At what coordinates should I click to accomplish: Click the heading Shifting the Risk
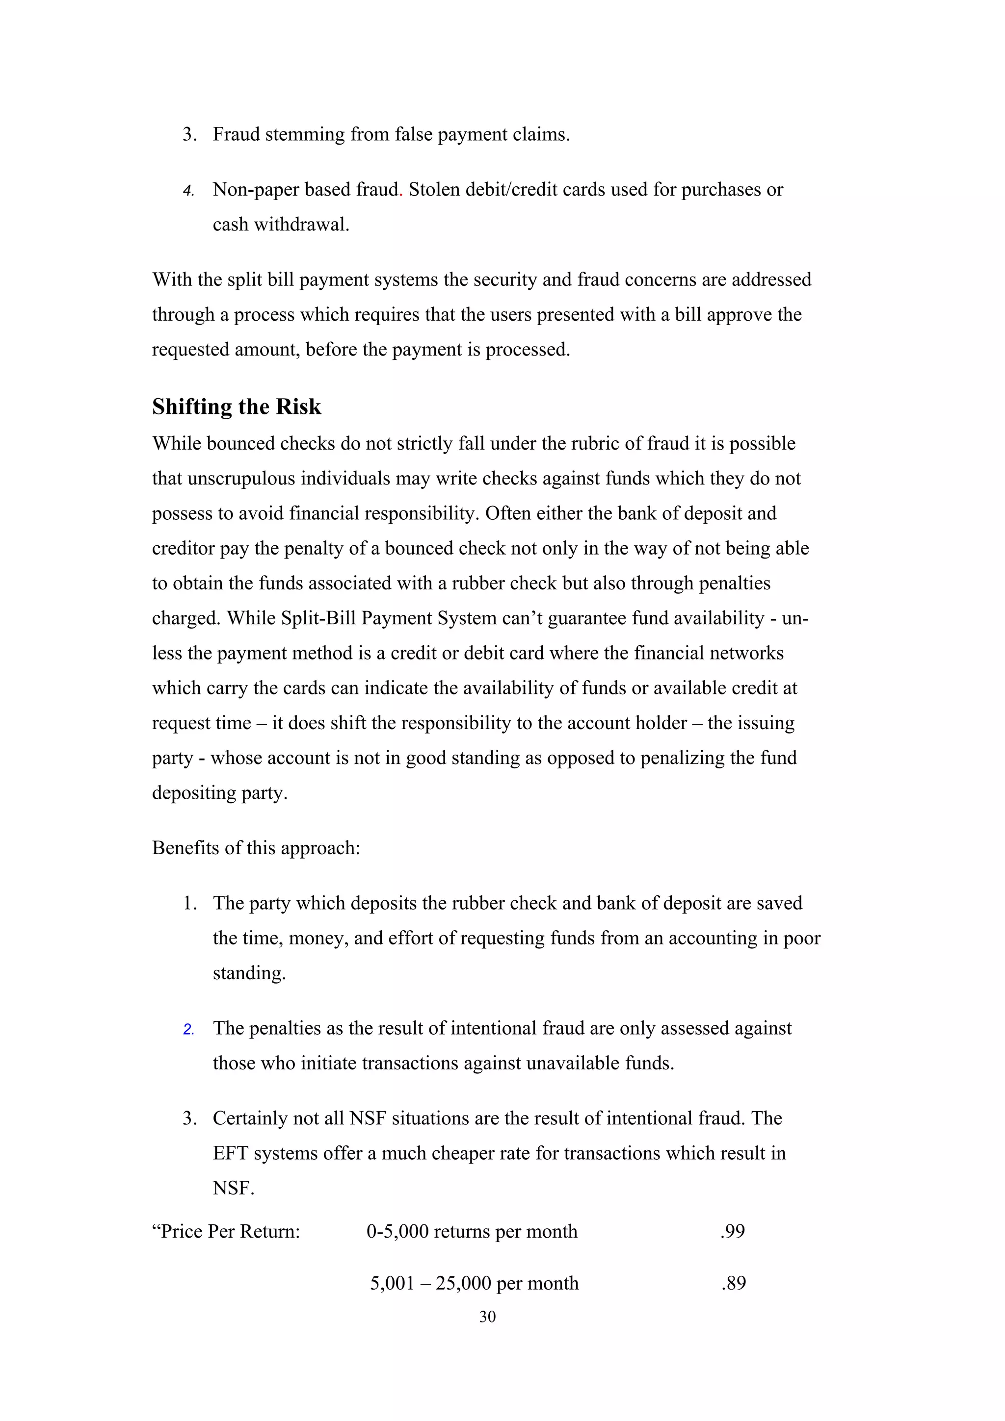(236, 406)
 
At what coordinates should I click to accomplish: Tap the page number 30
(487, 1317)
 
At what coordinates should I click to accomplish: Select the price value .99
(733, 1231)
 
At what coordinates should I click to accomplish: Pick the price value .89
(733, 1283)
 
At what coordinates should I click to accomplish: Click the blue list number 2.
(188, 1029)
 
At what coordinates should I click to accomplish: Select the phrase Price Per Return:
(226, 1231)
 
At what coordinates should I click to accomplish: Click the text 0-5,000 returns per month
(472, 1231)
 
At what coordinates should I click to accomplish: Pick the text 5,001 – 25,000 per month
(475, 1283)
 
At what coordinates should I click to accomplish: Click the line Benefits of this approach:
(256, 847)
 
